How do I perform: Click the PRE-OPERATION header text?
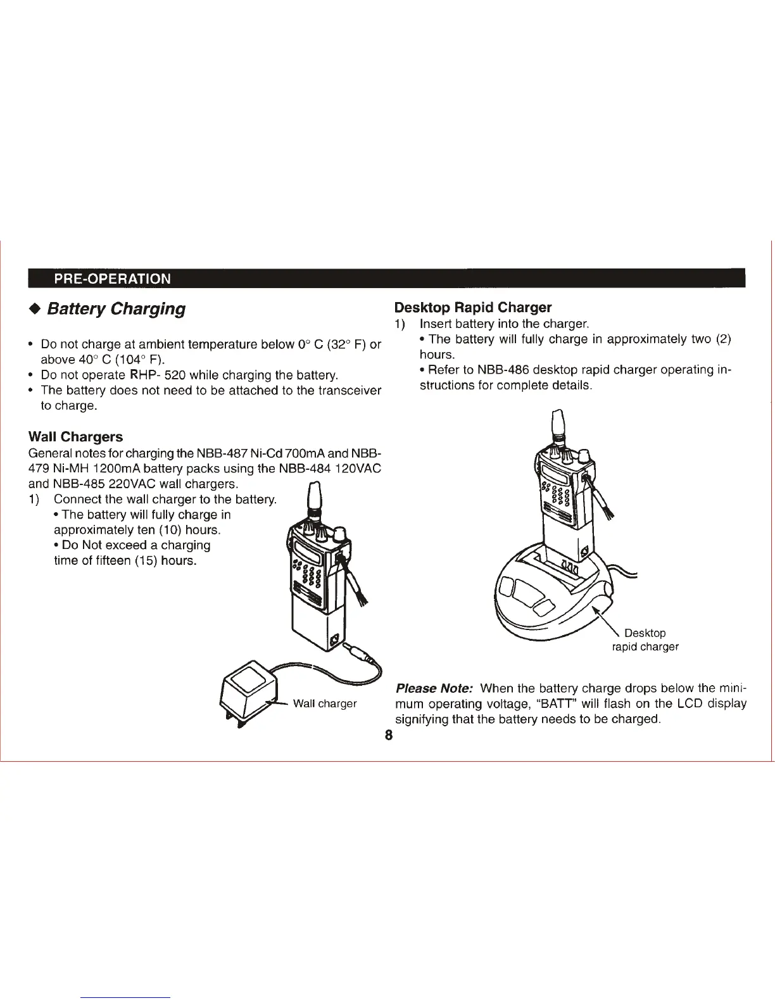[x=112, y=279]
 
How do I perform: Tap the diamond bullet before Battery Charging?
[x=35, y=309]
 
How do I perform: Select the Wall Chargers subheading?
[x=75, y=437]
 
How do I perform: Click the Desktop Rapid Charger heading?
[x=472, y=308]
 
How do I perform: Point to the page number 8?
[x=388, y=735]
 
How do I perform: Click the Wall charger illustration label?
[x=324, y=703]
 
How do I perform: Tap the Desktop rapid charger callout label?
[x=645, y=640]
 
